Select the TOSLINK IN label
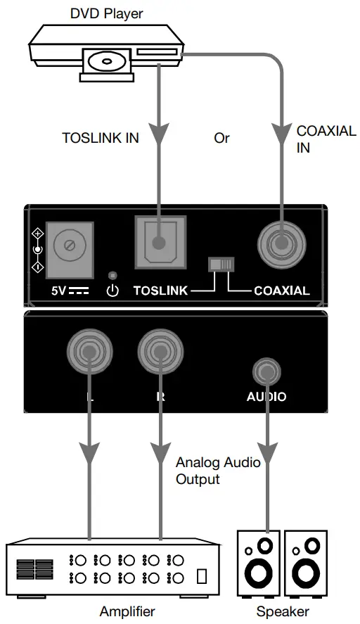[x=101, y=139]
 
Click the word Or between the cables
[x=221, y=139]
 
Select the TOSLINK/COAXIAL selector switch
[x=221, y=265]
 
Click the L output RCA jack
[x=89, y=351]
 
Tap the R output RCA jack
[x=161, y=351]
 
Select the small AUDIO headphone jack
[x=266, y=369]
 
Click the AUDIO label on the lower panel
[x=266, y=397]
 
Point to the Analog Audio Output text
[x=217, y=471]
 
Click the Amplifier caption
[x=127, y=611]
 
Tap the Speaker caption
[x=282, y=611]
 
